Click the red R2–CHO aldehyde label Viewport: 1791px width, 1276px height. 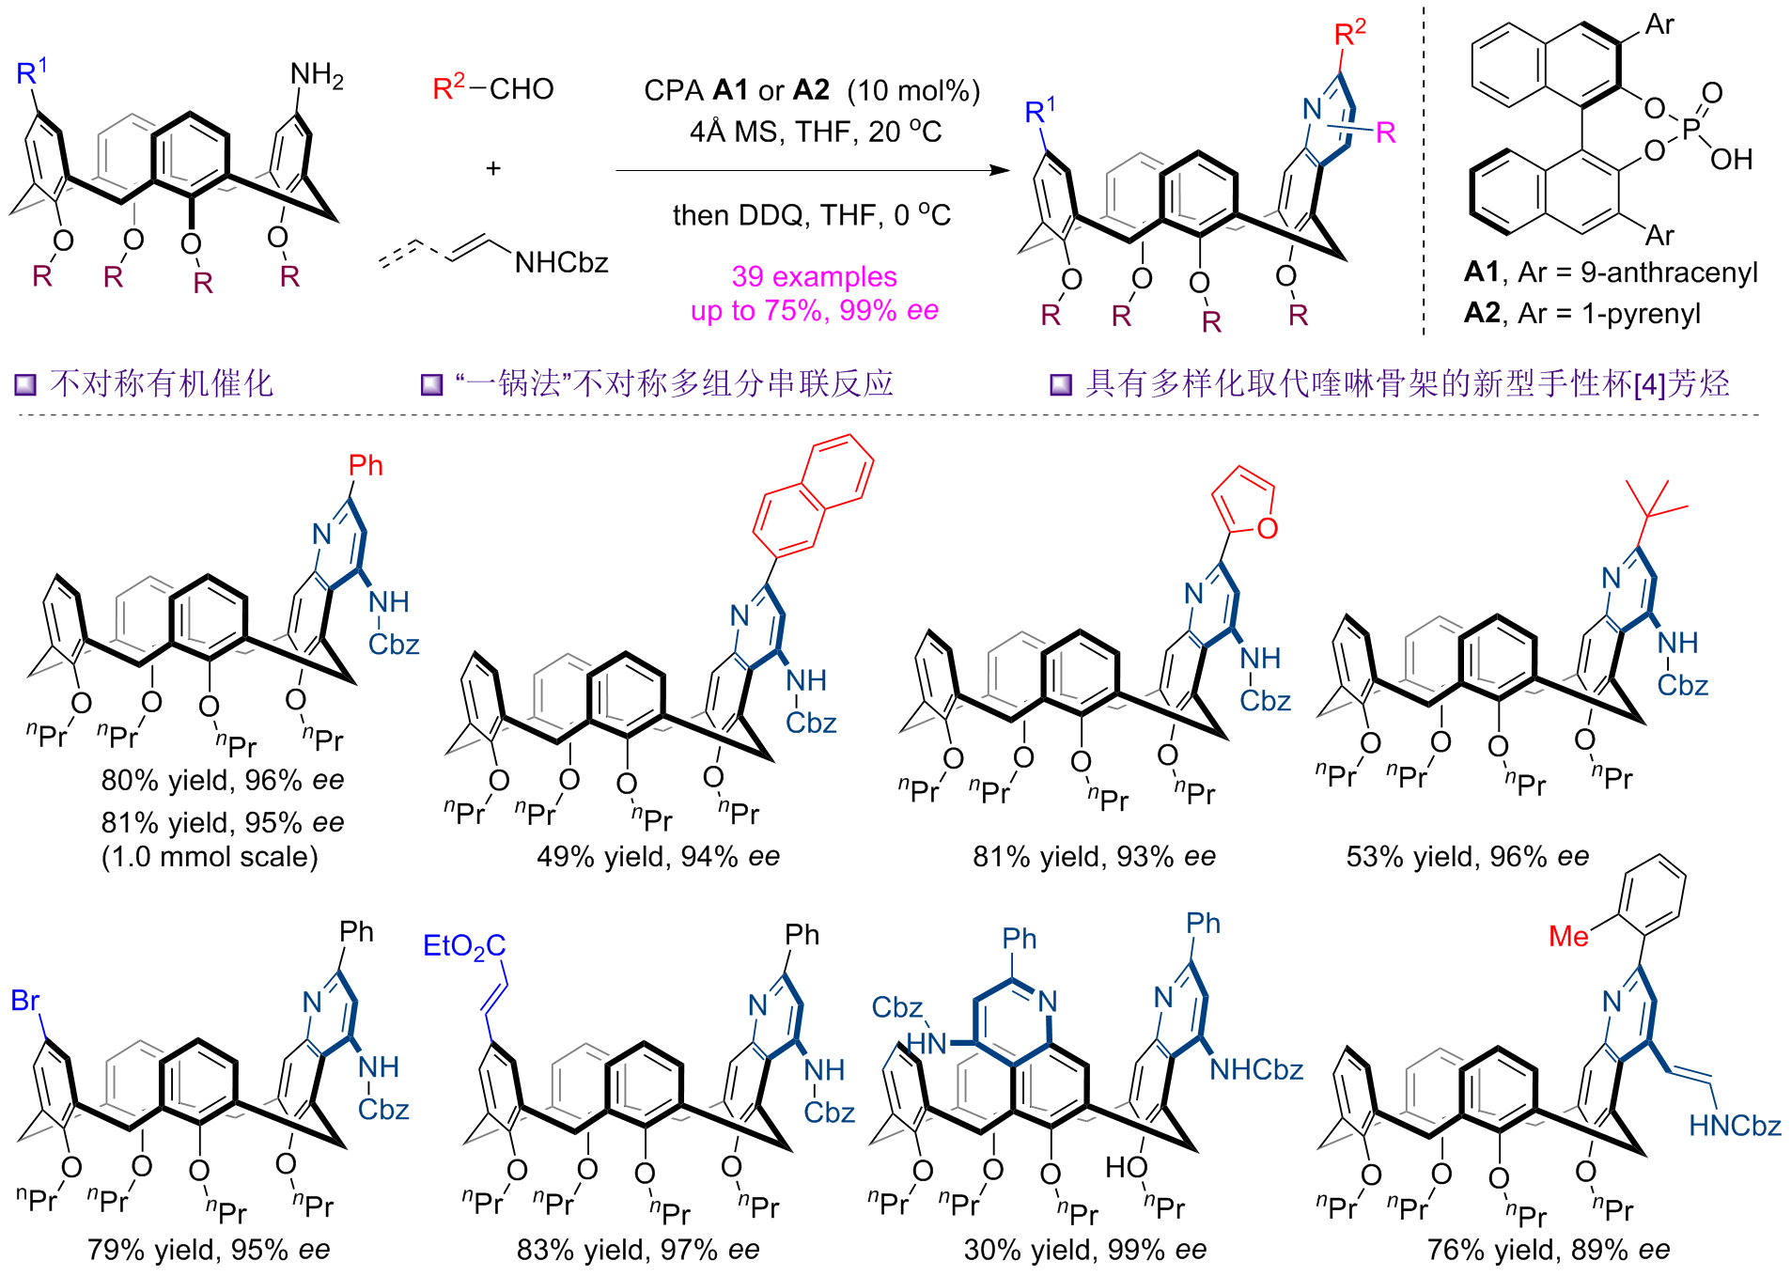coord(492,88)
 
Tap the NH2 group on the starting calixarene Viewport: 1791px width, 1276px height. coord(316,75)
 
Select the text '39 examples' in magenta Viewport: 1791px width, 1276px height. coord(814,276)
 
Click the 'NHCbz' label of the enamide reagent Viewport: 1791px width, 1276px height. coord(561,262)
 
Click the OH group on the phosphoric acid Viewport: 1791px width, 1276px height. coord(1731,160)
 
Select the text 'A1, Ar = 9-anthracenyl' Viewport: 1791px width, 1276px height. coord(1611,272)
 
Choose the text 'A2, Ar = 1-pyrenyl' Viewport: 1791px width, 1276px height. coord(1582,313)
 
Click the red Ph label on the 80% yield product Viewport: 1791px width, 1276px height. coord(366,465)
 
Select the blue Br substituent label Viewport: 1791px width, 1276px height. coord(25,1001)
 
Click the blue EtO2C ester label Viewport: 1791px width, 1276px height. coord(464,945)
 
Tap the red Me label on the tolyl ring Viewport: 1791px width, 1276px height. coord(1568,936)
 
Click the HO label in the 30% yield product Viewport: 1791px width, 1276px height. coord(1125,1167)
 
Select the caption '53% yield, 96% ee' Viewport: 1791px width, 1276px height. coord(1467,856)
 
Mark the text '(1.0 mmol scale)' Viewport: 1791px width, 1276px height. coord(210,856)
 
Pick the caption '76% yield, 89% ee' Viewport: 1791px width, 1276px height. coord(1548,1250)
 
